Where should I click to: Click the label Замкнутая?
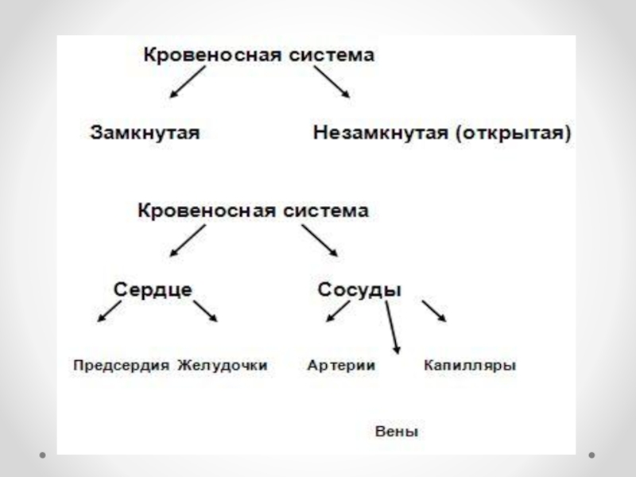143,132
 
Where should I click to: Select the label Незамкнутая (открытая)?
442,132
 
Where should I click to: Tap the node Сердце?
153,289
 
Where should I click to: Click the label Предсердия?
122,366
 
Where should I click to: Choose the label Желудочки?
223,366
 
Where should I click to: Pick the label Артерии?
341,366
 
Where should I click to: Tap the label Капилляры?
470,366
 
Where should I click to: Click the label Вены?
396,432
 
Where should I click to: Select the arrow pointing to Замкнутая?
187,82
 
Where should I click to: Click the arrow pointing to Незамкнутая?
332,82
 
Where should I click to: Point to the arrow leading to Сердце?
187,239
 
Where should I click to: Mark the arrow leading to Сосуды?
319,239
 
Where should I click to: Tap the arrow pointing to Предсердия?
109,311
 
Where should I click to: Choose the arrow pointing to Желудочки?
205,311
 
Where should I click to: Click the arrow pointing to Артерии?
338,311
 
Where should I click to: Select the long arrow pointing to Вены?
393,328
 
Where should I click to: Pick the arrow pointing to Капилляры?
434,311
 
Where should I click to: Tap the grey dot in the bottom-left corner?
45,456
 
